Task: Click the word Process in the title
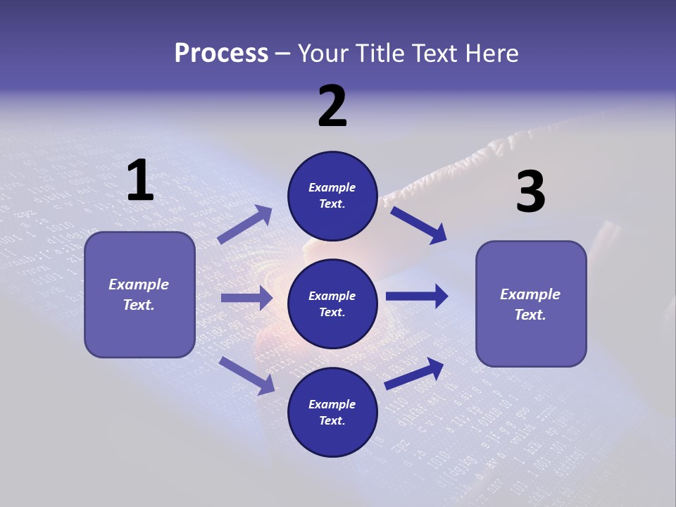pos(221,53)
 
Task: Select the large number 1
pos(140,181)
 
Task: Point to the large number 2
pos(332,106)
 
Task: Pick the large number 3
pos(530,192)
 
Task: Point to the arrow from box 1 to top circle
pos(245,225)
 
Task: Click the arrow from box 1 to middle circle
pos(246,298)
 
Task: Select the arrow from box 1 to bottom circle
pos(247,375)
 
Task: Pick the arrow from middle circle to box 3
pos(417,296)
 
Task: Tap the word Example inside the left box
pos(139,284)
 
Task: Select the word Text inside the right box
pos(530,315)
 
